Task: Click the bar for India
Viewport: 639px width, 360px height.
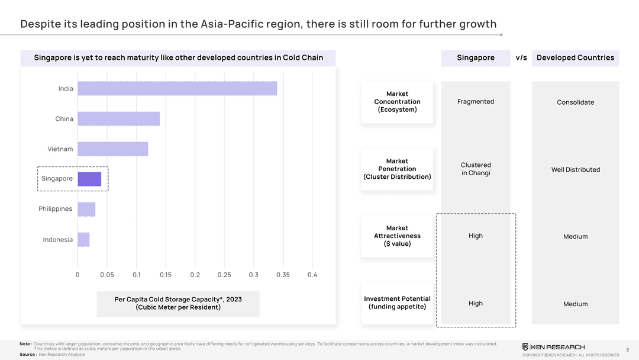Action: coord(177,89)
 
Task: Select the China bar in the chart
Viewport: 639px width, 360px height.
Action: coord(118,119)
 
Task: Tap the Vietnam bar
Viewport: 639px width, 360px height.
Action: coord(112,149)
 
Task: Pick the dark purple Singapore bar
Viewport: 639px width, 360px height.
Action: coord(89,179)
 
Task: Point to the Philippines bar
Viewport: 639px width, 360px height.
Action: coord(86,210)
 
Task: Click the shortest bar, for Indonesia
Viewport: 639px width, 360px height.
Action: coord(83,240)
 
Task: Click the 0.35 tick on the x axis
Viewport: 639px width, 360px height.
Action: coord(283,275)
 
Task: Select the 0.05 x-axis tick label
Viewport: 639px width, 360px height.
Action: coord(107,275)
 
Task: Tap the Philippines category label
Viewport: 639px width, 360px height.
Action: coord(56,209)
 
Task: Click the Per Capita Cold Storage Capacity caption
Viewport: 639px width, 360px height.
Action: coord(178,303)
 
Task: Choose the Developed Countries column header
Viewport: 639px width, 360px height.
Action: coord(575,58)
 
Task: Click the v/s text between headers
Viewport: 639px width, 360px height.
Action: coord(521,58)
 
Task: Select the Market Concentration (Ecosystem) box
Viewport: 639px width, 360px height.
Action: coord(397,102)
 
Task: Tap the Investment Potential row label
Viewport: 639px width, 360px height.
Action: coord(397,303)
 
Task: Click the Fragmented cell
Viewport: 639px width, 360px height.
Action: coord(476,102)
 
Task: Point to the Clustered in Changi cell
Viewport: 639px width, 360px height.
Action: coord(476,169)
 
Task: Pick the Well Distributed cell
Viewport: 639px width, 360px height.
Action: coord(575,170)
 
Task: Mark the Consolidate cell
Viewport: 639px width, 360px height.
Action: coord(575,102)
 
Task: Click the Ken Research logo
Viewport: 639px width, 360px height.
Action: coord(553,347)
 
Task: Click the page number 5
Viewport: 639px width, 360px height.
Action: coord(627,350)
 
